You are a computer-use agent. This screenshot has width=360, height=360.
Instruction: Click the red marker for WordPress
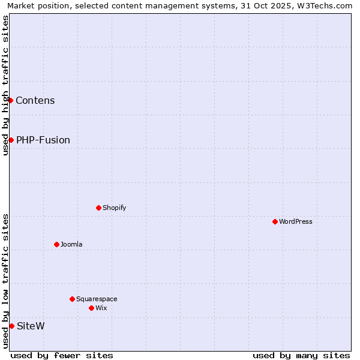tap(275, 221)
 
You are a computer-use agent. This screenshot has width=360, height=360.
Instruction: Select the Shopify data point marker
tap(98, 208)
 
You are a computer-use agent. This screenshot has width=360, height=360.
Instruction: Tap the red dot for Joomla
tap(56, 244)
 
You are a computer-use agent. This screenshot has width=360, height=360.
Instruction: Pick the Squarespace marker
tap(72, 299)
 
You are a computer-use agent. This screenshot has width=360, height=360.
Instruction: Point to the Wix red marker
tap(91, 308)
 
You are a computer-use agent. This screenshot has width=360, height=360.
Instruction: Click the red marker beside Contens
tap(10, 100)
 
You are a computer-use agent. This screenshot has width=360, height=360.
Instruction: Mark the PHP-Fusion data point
tap(11, 140)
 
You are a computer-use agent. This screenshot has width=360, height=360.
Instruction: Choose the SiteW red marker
tap(11, 326)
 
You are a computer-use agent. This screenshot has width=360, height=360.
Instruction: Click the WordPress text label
tap(296, 221)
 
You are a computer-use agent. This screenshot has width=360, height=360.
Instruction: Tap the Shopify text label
tap(114, 208)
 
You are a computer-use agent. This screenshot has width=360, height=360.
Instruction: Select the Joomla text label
tap(71, 244)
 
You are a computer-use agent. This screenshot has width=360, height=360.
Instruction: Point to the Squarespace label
tap(97, 299)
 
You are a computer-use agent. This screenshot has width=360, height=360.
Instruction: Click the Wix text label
tap(101, 308)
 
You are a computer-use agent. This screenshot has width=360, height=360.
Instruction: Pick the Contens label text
tap(35, 100)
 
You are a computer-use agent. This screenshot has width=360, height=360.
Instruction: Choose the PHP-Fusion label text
tap(43, 140)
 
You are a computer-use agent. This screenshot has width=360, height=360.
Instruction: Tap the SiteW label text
tap(31, 326)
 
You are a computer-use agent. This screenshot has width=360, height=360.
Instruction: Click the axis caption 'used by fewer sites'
tap(62, 355)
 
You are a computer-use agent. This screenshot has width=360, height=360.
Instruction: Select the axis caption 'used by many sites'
tap(301, 355)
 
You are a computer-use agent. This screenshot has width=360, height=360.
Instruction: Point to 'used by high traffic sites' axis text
tap(5, 85)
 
